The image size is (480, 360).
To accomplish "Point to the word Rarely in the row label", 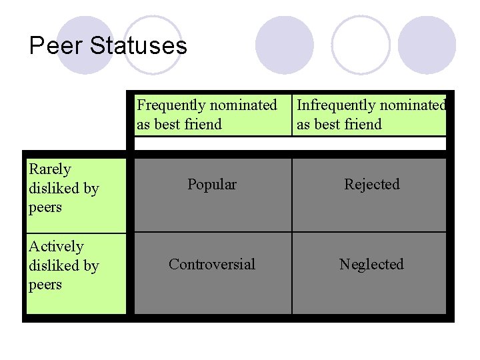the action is [49, 169].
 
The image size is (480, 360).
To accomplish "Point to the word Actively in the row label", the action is [56, 247].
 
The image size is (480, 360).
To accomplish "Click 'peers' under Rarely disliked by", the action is [45, 208].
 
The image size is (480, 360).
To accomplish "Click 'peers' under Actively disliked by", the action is [45, 285].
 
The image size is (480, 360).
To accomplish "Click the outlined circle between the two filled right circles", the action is [361, 45].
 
